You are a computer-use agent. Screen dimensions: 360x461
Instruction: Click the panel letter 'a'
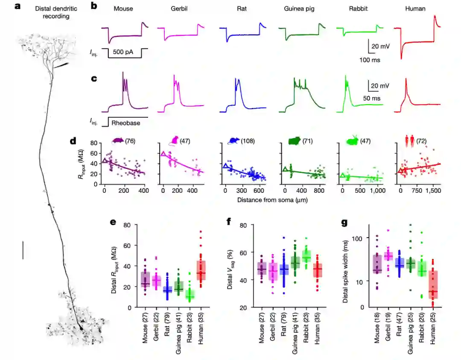[18, 6]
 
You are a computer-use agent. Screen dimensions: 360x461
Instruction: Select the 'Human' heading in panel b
[415, 9]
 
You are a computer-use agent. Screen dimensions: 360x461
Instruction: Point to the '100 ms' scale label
[370, 60]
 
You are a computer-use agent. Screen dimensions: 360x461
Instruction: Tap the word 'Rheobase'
[126, 123]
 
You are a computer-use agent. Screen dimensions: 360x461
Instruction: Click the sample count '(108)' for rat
[248, 141]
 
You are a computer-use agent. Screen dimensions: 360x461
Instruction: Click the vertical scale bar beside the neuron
[23, 250]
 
